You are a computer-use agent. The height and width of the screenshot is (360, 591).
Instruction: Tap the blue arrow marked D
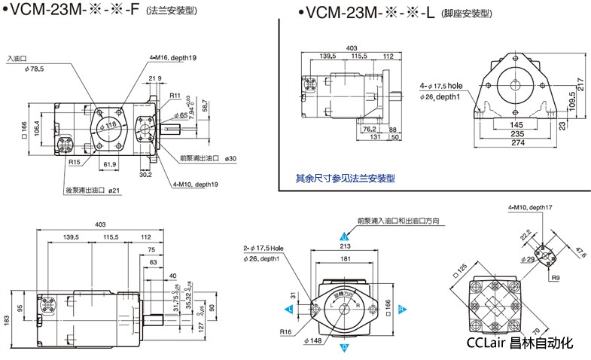coord(344,347)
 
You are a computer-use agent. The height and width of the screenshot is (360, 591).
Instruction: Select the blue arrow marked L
coord(289,308)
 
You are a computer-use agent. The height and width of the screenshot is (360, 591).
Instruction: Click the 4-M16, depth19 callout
coord(172,58)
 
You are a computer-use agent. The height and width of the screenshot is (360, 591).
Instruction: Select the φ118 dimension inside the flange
coord(111,125)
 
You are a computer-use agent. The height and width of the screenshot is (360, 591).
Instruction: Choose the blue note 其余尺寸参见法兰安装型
coord(345,178)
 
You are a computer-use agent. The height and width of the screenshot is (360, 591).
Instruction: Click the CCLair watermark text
coord(520,343)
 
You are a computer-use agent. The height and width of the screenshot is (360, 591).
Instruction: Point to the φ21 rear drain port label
coord(94,191)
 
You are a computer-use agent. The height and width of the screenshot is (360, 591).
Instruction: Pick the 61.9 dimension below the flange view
coord(109,163)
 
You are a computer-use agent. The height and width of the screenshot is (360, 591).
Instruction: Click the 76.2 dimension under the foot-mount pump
coord(368,128)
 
